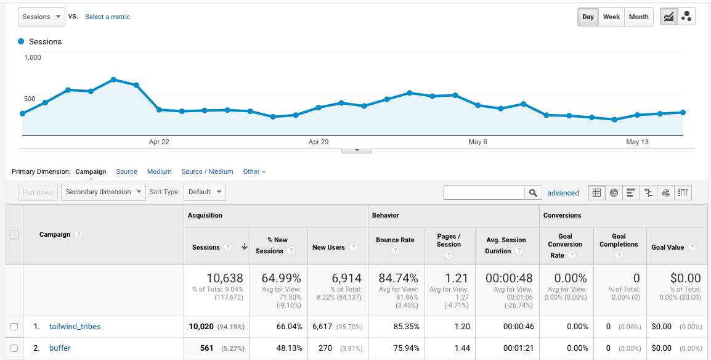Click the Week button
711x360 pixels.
click(x=611, y=17)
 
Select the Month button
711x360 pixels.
click(x=639, y=17)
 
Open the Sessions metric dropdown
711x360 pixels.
click(x=41, y=17)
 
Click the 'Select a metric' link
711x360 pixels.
click(x=108, y=17)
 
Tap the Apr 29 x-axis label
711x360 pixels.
click(x=319, y=142)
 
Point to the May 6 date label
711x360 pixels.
click(x=477, y=142)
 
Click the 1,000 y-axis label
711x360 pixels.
click(x=33, y=57)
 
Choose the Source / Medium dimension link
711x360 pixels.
click(x=207, y=171)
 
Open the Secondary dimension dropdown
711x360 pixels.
click(x=104, y=192)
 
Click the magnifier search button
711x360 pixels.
click(x=534, y=192)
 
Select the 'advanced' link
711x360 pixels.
click(x=563, y=193)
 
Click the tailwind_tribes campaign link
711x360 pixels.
click(x=75, y=327)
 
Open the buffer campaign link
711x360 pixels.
click(x=60, y=348)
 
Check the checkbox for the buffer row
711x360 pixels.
click(x=14, y=348)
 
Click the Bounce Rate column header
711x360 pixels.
click(x=395, y=240)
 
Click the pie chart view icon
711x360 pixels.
click(x=614, y=192)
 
